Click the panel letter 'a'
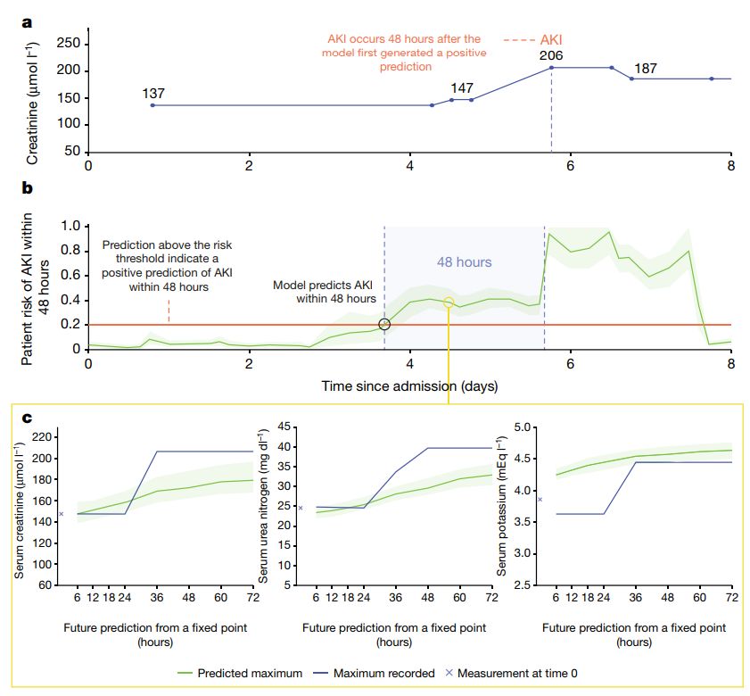[x=28, y=23]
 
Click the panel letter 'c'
[x=28, y=417]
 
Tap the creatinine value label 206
[x=551, y=56]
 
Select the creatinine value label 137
[x=153, y=93]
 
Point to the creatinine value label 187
[x=647, y=69]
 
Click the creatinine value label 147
[x=462, y=88]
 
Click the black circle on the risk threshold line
[x=384, y=325]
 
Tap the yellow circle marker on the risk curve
[x=449, y=303]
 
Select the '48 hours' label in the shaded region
[x=464, y=262]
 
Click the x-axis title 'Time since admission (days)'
[x=410, y=386]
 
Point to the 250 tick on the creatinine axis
[x=69, y=44]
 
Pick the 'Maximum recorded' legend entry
[x=377, y=673]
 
